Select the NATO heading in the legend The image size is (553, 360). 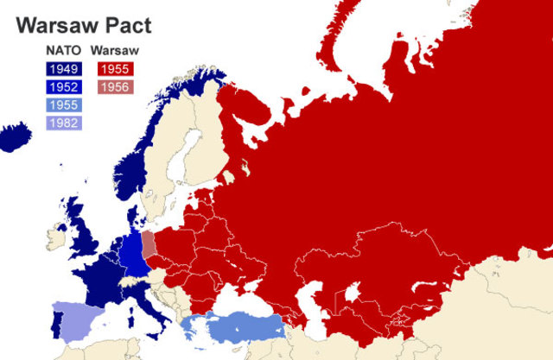point(63,49)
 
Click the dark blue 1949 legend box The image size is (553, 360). point(63,67)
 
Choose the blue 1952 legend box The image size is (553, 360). point(63,86)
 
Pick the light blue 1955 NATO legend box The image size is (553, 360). point(63,104)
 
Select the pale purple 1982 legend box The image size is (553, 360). point(63,123)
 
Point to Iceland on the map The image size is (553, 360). point(16,136)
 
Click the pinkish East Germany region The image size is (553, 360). point(149,244)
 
